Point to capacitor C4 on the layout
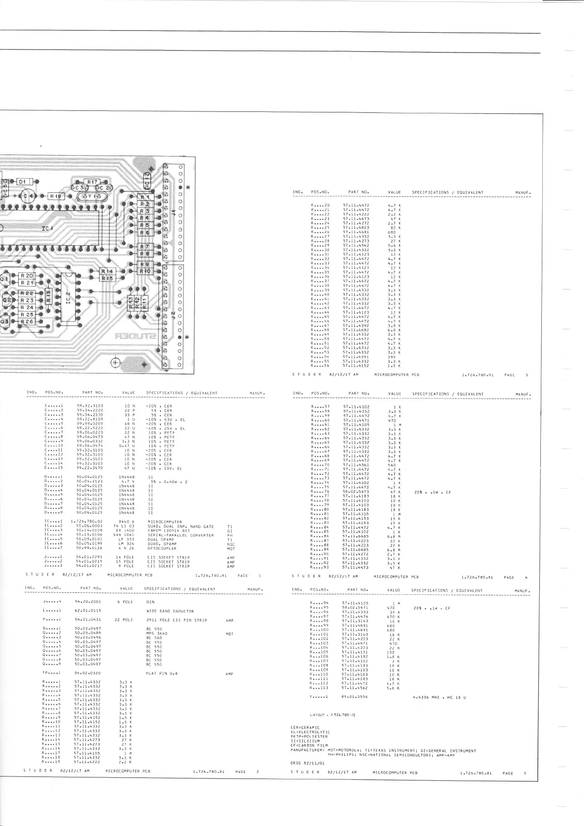pyautogui.click(x=28, y=196)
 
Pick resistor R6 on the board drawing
pyautogui.click(x=145, y=233)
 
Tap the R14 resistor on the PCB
pyautogui.click(x=107, y=271)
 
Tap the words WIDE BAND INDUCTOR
pyautogui.click(x=170, y=611)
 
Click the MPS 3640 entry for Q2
pyautogui.click(x=157, y=633)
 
